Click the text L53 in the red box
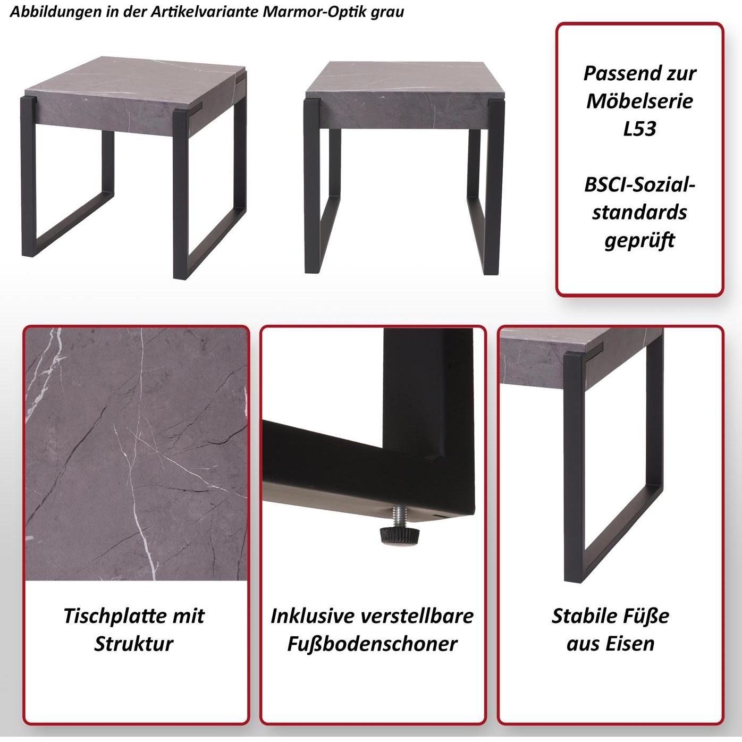click(640, 129)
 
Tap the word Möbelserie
click(640, 101)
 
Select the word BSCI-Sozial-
click(640, 184)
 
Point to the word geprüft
click(640, 240)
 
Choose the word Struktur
click(134, 644)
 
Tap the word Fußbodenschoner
click(372, 644)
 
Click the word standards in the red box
click(640, 213)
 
